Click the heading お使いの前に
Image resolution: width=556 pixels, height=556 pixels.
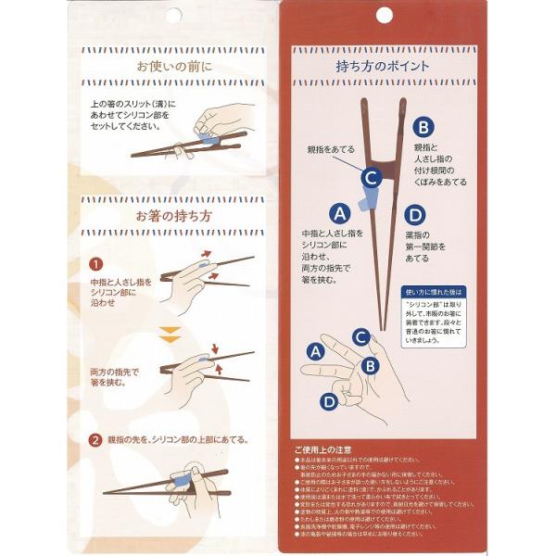click(174, 67)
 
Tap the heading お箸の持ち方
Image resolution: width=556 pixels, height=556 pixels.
click(174, 216)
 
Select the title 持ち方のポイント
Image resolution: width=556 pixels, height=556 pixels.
click(382, 67)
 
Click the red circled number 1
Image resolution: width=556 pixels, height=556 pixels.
click(95, 264)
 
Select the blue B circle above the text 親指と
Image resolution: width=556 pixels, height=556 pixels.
click(423, 128)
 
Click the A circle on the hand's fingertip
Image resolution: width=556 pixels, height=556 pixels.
click(315, 351)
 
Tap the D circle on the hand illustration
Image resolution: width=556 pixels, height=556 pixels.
click(329, 401)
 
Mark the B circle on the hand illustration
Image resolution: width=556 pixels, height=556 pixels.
click(369, 364)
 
